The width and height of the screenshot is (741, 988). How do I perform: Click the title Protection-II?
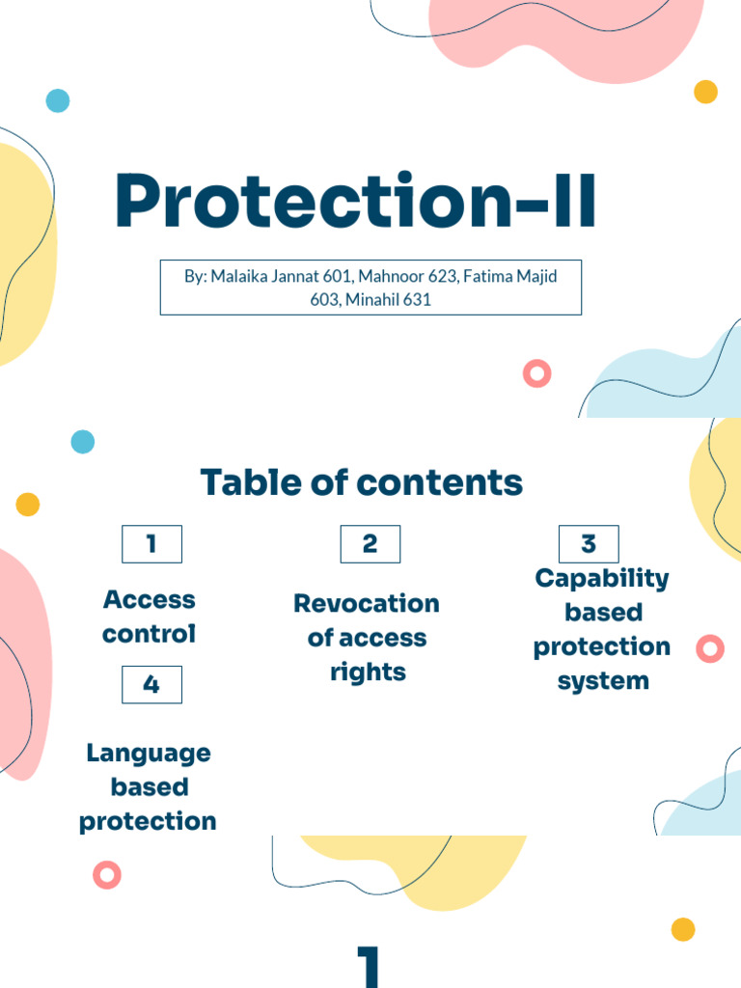point(355,200)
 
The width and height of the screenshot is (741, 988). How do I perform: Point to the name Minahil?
point(371,299)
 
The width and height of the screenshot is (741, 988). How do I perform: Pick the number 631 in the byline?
point(417,299)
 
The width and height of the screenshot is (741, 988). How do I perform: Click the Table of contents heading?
point(362,482)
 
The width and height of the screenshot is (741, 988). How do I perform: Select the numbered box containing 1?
point(151,544)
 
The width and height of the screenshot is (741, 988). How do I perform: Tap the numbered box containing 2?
point(370,544)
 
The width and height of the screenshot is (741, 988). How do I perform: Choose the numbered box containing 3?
point(589,544)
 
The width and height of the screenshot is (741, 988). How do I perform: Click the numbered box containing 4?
point(151,684)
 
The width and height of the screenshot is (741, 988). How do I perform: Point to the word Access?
point(150,600)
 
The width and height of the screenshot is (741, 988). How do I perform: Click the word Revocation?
point(367,604)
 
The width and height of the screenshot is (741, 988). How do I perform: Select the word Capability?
point(602,579)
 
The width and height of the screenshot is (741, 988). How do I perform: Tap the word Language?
point(149,754)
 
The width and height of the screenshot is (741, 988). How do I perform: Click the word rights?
point(368,672)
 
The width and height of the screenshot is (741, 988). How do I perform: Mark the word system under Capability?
point(603,681)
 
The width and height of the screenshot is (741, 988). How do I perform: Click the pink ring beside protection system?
point(710,648)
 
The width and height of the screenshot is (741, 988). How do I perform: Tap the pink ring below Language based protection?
point(107,874)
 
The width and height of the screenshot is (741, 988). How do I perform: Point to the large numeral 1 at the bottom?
point(369,967)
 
